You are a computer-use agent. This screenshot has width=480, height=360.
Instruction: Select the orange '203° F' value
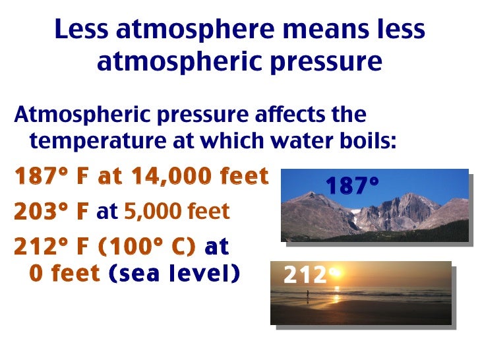pyautogui.click(x=51, y=212)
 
